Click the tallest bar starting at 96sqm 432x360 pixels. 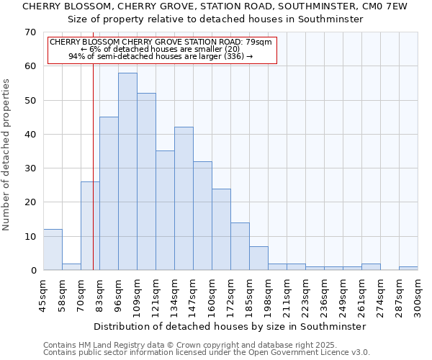tap(127, 171)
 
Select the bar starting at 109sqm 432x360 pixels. tap(146, 181)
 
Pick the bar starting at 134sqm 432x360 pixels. tap(184, 199)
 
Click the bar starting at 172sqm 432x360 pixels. tap(240, 246)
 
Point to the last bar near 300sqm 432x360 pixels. tap(408, 268)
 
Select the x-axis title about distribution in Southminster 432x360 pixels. tap(230, 326)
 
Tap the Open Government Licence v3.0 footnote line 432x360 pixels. tap(206, 352)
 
